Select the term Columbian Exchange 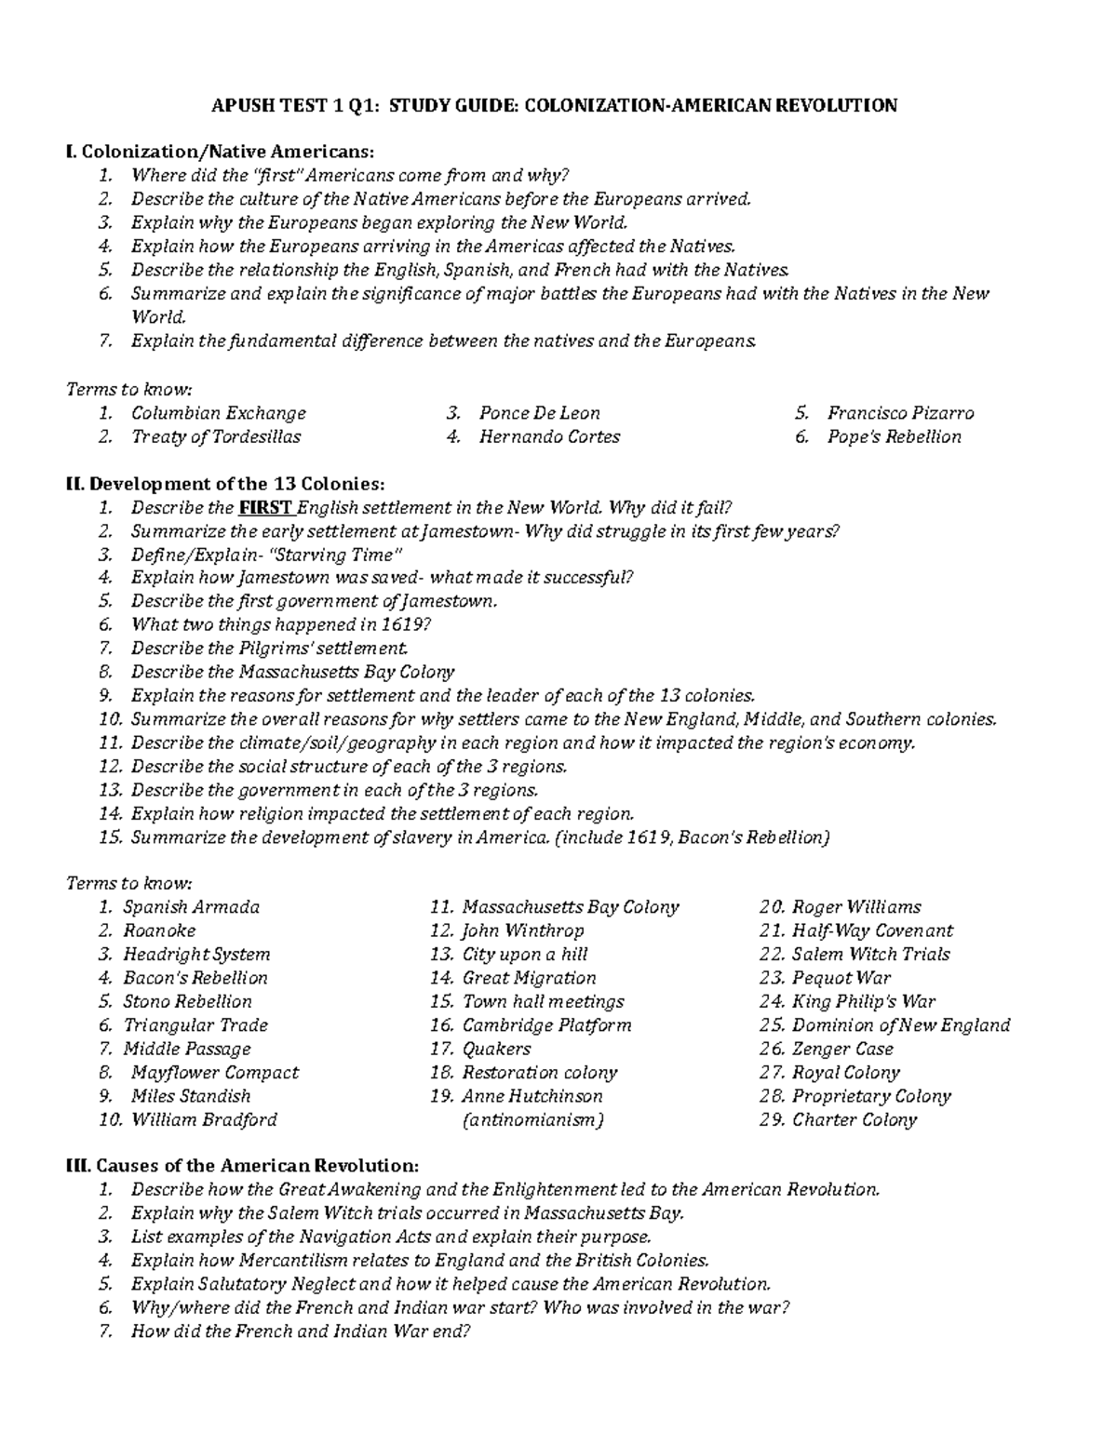click(218, 413)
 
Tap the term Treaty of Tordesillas click(216, 436)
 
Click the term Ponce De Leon click(539, 413)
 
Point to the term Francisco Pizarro click(900, 413)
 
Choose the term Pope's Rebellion click(894, 436)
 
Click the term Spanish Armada click(191, 907)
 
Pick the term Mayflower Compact click(214, 1073)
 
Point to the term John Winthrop click(522, 930)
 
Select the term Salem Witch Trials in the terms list click(870, 955)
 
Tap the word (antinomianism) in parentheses click(532, 1120)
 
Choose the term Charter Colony click(854, 1120)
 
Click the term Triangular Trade click(195, 1025)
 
